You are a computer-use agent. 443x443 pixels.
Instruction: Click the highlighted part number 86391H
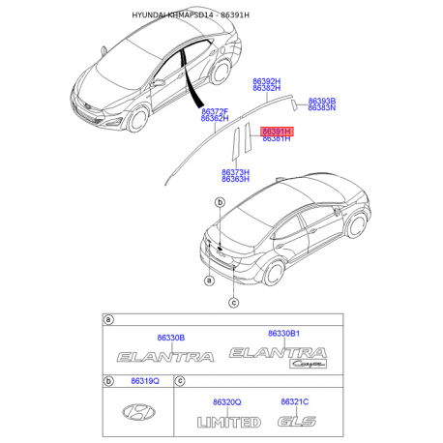277,130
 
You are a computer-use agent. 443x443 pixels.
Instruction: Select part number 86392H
267,82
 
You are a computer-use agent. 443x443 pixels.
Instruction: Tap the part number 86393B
322,100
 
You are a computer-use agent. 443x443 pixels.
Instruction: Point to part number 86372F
214,110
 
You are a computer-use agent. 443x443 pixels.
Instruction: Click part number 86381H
277,139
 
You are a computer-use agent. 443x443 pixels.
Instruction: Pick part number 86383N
322,108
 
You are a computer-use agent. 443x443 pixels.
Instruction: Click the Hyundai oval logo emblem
141,414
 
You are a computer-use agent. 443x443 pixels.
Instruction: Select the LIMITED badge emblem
228,422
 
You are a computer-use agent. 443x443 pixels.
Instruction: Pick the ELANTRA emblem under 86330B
164,357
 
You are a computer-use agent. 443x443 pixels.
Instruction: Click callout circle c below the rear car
233,303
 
